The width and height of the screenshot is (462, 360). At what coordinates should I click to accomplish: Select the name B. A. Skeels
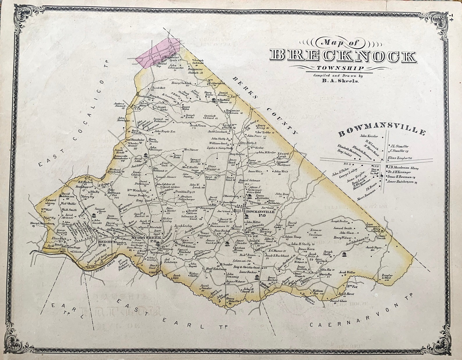340,81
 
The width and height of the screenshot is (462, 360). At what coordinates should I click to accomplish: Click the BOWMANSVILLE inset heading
381,132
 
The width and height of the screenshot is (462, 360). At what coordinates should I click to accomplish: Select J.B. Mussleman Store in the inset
403,168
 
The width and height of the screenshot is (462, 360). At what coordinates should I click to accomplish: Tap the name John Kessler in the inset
369,136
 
